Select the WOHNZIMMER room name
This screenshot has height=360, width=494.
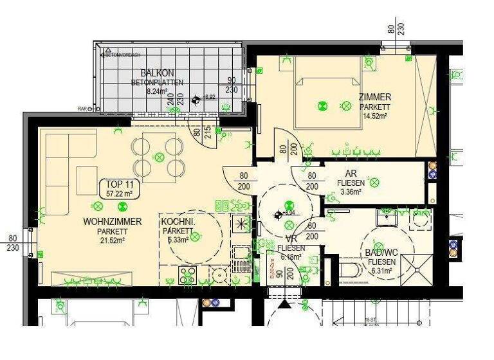point(112,221)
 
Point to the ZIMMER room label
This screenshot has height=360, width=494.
point(375,97)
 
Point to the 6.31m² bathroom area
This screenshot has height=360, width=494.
point(381,271)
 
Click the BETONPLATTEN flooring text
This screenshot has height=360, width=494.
point(157,82)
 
